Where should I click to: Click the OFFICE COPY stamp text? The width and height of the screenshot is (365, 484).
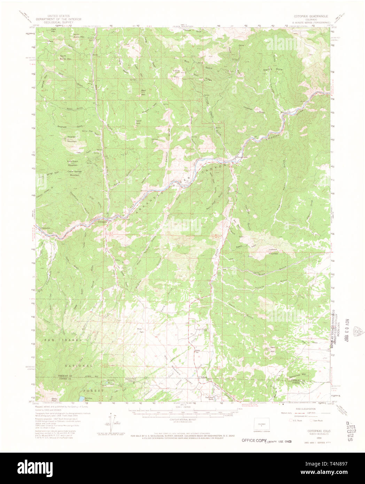tap(254, 440)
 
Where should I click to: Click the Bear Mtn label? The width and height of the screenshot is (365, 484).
tap(143, 92)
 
